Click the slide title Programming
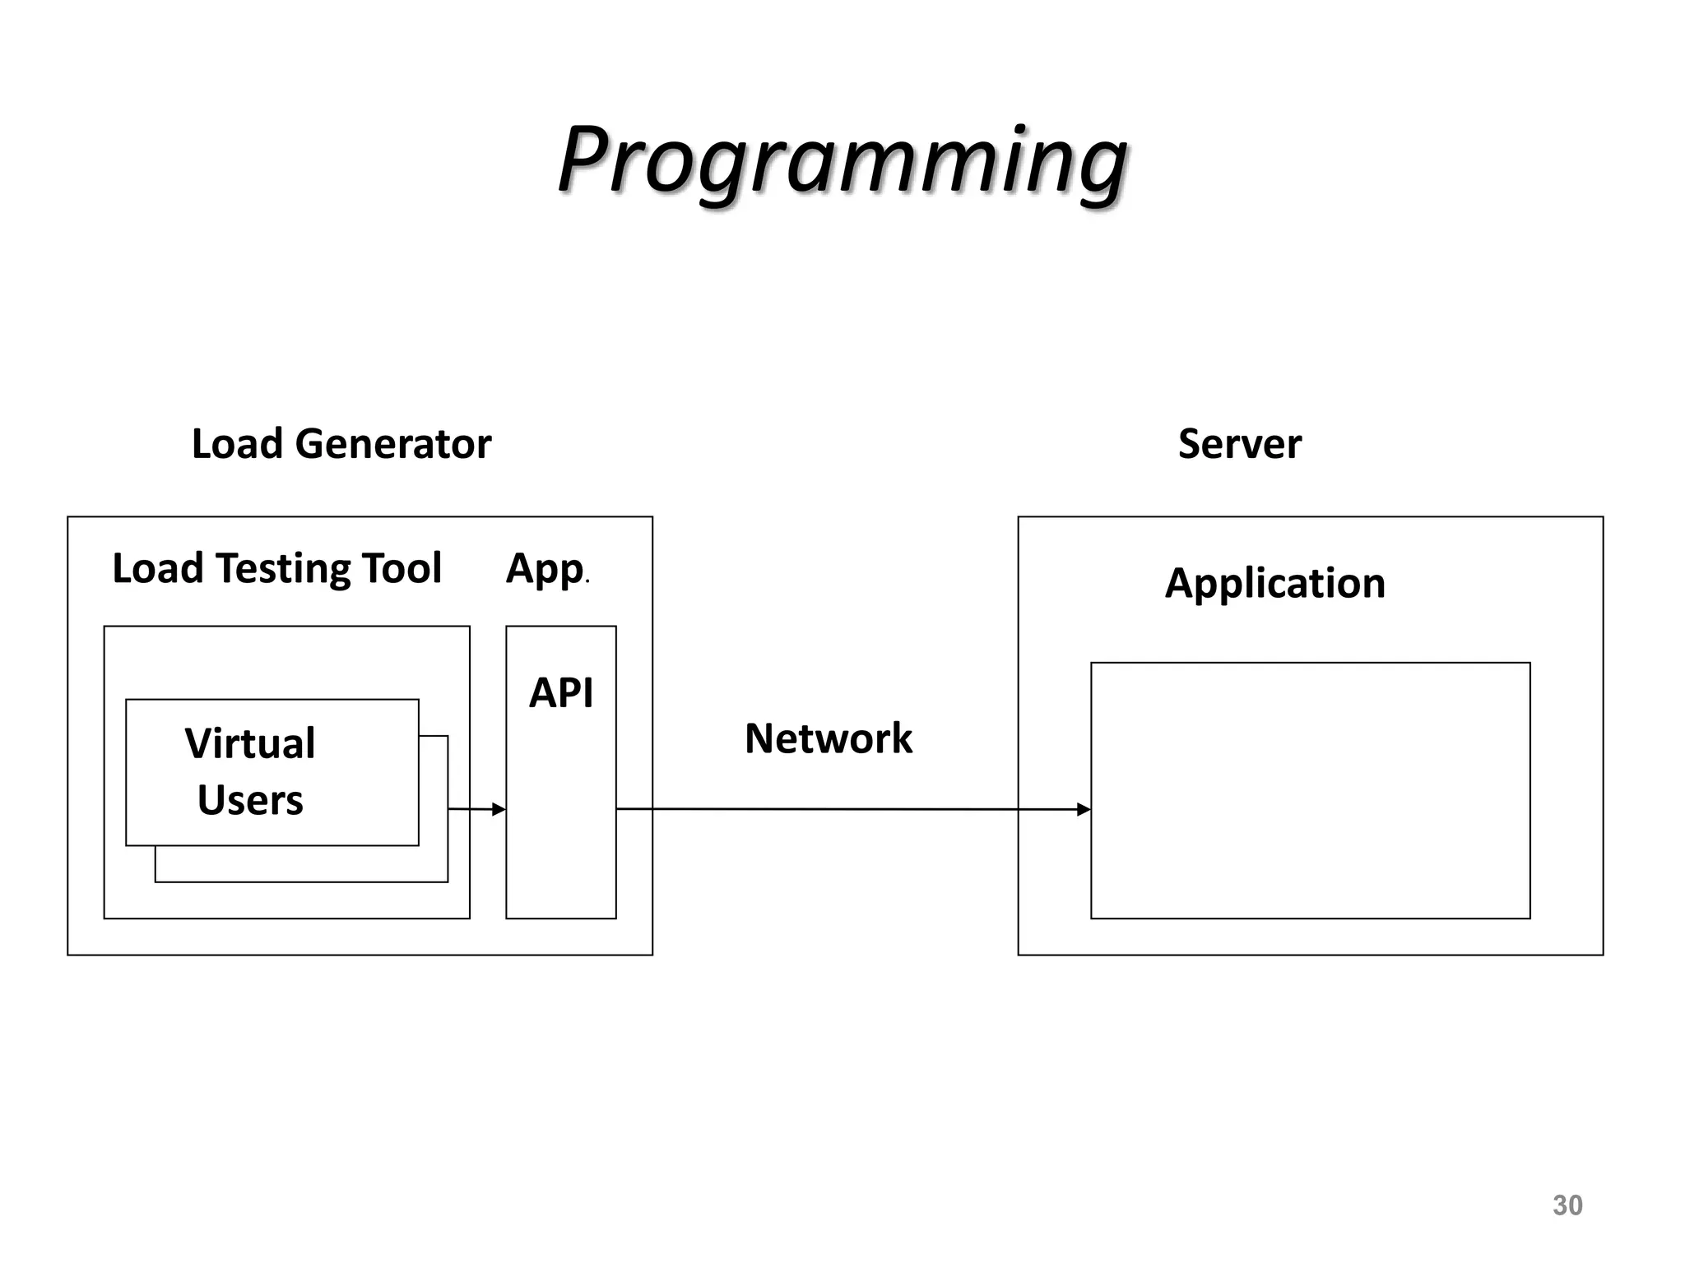[x=842, y=160]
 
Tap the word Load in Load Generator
[x=237, y=444]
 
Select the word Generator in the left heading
[x=392, y=444]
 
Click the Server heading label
[x=1239, y=444]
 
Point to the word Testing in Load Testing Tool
[x=284, y=569]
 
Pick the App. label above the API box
[x=545, y=569]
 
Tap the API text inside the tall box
[x=560, y=692]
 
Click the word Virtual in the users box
[x=249, y=743]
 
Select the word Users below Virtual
[x=250, y=800]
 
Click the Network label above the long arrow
[x=828, y=738]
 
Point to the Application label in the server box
[x=1274, y=583]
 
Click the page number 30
[x=1567, y=1205]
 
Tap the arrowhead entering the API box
[x=499, y=809]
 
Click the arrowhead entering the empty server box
[x=1084, y=809]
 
